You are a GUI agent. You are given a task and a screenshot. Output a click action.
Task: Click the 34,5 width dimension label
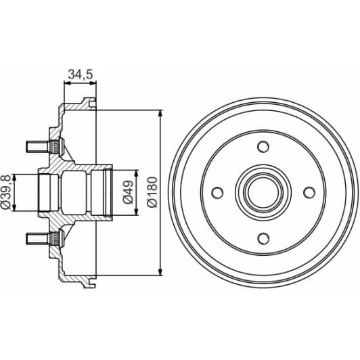pos(81,74)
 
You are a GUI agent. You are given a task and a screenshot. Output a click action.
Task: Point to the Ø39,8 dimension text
pos(7,193)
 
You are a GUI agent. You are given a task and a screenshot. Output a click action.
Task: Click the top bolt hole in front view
pos(263,147)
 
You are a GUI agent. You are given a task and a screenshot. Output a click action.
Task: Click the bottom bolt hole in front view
pos(263,239)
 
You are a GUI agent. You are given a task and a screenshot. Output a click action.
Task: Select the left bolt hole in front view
pos(217,193)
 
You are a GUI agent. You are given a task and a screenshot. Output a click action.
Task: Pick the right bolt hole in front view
pos(309,193)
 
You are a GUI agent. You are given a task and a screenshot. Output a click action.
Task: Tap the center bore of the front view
pos(263,193)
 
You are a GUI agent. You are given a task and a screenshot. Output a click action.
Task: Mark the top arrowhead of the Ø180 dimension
pos(161,113)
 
